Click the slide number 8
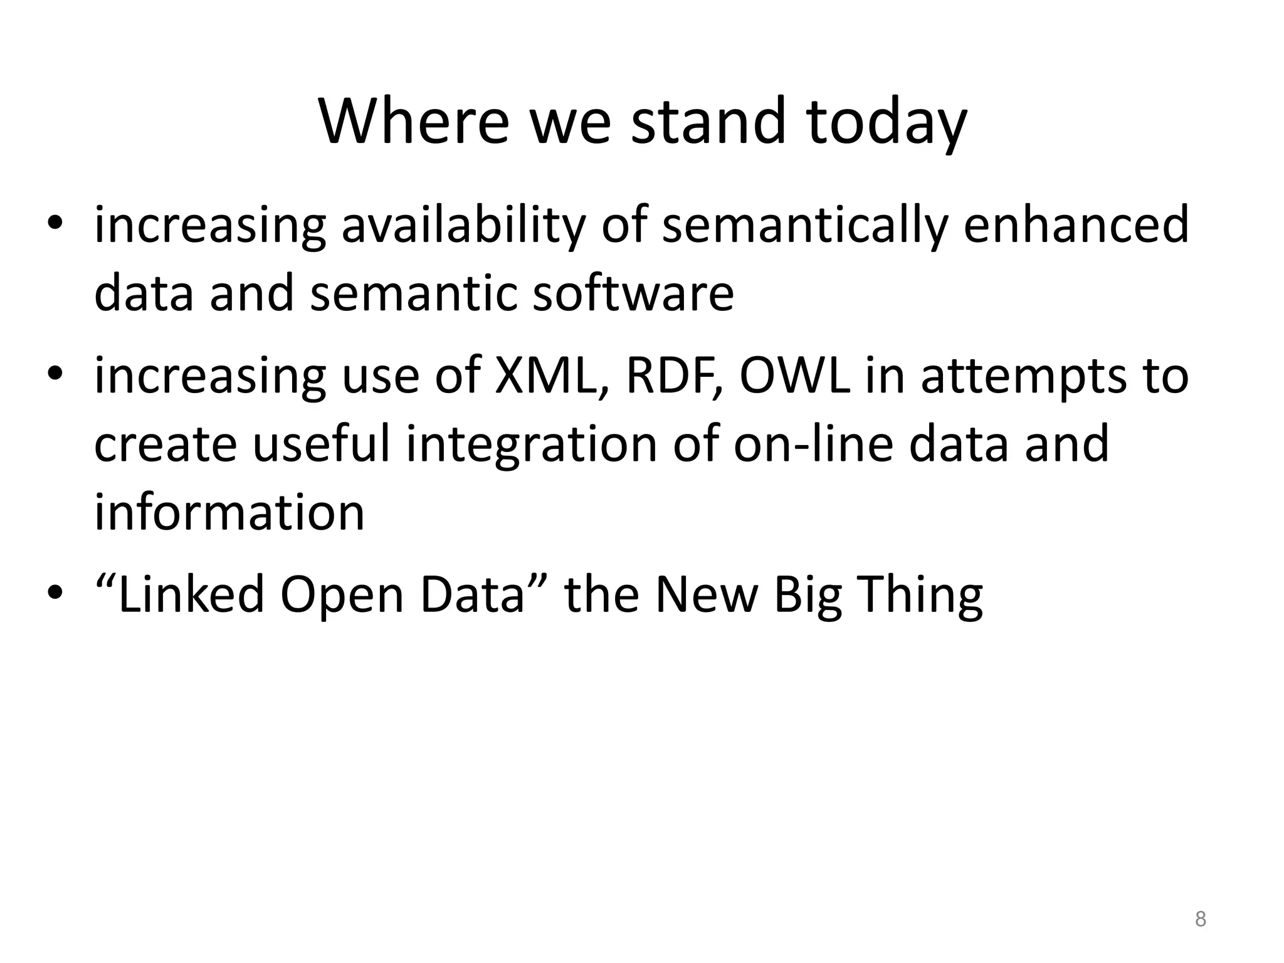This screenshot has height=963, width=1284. coord(1200,919)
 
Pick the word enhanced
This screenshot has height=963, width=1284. coord(1076,226)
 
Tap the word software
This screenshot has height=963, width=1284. coord(633,293)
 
